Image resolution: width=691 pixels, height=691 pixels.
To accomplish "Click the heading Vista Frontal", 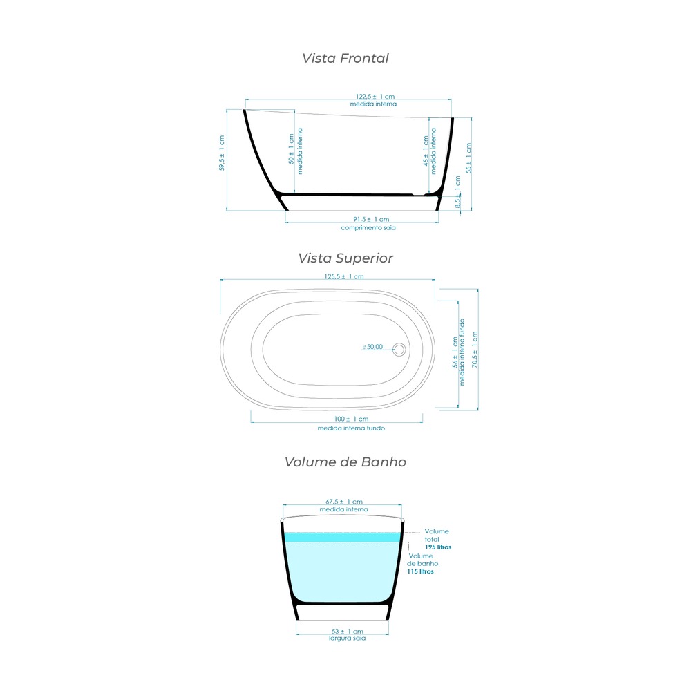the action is click(345, 58).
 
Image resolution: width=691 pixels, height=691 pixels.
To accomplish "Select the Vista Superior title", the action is click(345, 258).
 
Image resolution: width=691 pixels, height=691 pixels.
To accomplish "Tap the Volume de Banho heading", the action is click(345, 462).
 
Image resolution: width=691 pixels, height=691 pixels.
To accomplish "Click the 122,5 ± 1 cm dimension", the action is click(375, 97).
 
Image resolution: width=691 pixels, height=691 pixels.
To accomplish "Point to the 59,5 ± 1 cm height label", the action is click(222, 153).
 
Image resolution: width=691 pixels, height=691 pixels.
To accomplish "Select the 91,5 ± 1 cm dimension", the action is click(371, 219).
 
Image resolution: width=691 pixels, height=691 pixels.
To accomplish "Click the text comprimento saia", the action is click(368, 228).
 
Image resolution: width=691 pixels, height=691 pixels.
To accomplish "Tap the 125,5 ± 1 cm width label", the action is click(343, 277).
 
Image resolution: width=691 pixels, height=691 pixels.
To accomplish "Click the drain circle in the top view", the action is click(399, 350).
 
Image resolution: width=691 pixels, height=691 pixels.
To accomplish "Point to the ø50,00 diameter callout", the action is click(373, 347).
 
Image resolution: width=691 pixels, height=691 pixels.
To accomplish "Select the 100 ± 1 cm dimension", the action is click(351, 419).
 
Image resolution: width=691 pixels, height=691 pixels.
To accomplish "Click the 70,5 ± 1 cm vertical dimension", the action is click(475, 350).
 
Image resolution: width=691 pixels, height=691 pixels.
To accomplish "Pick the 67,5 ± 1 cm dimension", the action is click(343, 502).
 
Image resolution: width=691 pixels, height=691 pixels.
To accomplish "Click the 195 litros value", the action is click(438, 547).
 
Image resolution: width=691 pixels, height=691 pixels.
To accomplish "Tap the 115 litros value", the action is click(420, 571).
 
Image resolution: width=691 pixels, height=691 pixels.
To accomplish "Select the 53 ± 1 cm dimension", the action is click(348, 631).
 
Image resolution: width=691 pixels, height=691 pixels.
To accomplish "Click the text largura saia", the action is click(348, 638).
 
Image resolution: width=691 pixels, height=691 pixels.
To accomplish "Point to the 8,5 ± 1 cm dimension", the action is click(457, 192).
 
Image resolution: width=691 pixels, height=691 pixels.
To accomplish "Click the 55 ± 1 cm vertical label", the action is click(468, 158).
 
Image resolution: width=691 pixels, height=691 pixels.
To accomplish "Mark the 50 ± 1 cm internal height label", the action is click(291, 149).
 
